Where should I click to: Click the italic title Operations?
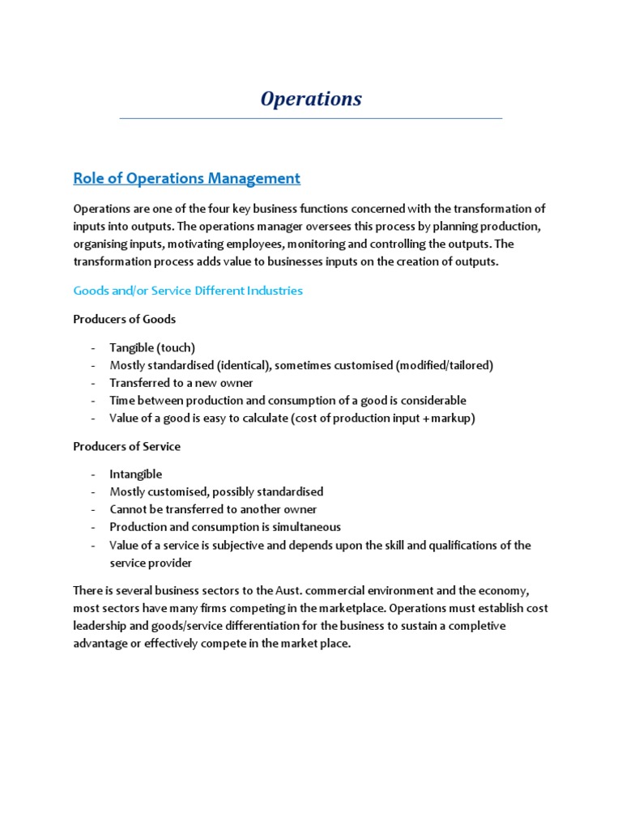pyautogui.click(x=311, y=99)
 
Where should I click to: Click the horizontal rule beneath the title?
pyautogui.click(x=311, y=119)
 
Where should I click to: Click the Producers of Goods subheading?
pyautogui.click(x=124, y=319)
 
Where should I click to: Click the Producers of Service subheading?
pyautogui.click(x=126, y=446)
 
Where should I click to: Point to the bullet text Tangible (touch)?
pyautogui.click(x=152, y=347)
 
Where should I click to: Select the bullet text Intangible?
pyautogui.click(x=136, y=474)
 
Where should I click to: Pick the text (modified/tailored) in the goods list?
pyautogui.click(x=445, y=365)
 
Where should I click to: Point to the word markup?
pyautogui.click(x=453, y=418)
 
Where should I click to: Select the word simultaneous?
pyautogui.click(x=305, y=527)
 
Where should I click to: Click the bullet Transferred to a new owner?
pyautogui.click(x=181, y=383)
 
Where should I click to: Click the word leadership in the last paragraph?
pyautogui.click(x=101, y=627)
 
